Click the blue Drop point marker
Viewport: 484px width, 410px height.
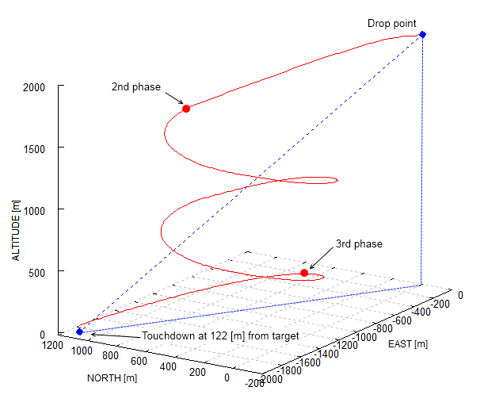pos(422,34)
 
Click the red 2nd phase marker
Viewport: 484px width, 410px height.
pos(186,109)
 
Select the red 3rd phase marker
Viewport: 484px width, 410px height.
pos(304,273)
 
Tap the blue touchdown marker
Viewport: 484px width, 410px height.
pos(80,331)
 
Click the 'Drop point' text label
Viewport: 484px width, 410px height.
pos(391,22)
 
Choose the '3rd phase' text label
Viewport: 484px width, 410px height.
pos(359,243)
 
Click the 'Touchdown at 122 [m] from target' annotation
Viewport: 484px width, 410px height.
pos(220,336)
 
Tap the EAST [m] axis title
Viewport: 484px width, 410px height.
pos(408,344)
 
